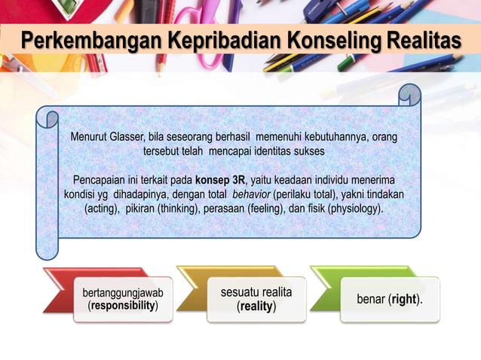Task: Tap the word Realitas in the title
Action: [x=423, y=38]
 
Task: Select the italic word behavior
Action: [x=252, y=194]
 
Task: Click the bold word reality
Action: [x=256, y=307]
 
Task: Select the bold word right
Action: [x=404, y=299]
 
